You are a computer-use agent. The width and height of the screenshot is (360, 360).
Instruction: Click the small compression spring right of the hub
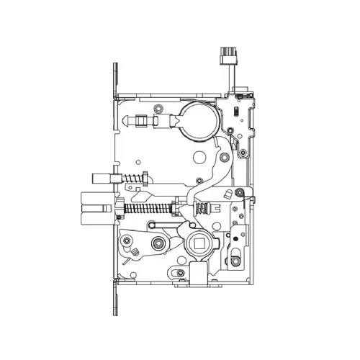click(x=205, y=208)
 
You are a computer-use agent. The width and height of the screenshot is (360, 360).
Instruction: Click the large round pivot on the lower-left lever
click(x=127, y=240)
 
